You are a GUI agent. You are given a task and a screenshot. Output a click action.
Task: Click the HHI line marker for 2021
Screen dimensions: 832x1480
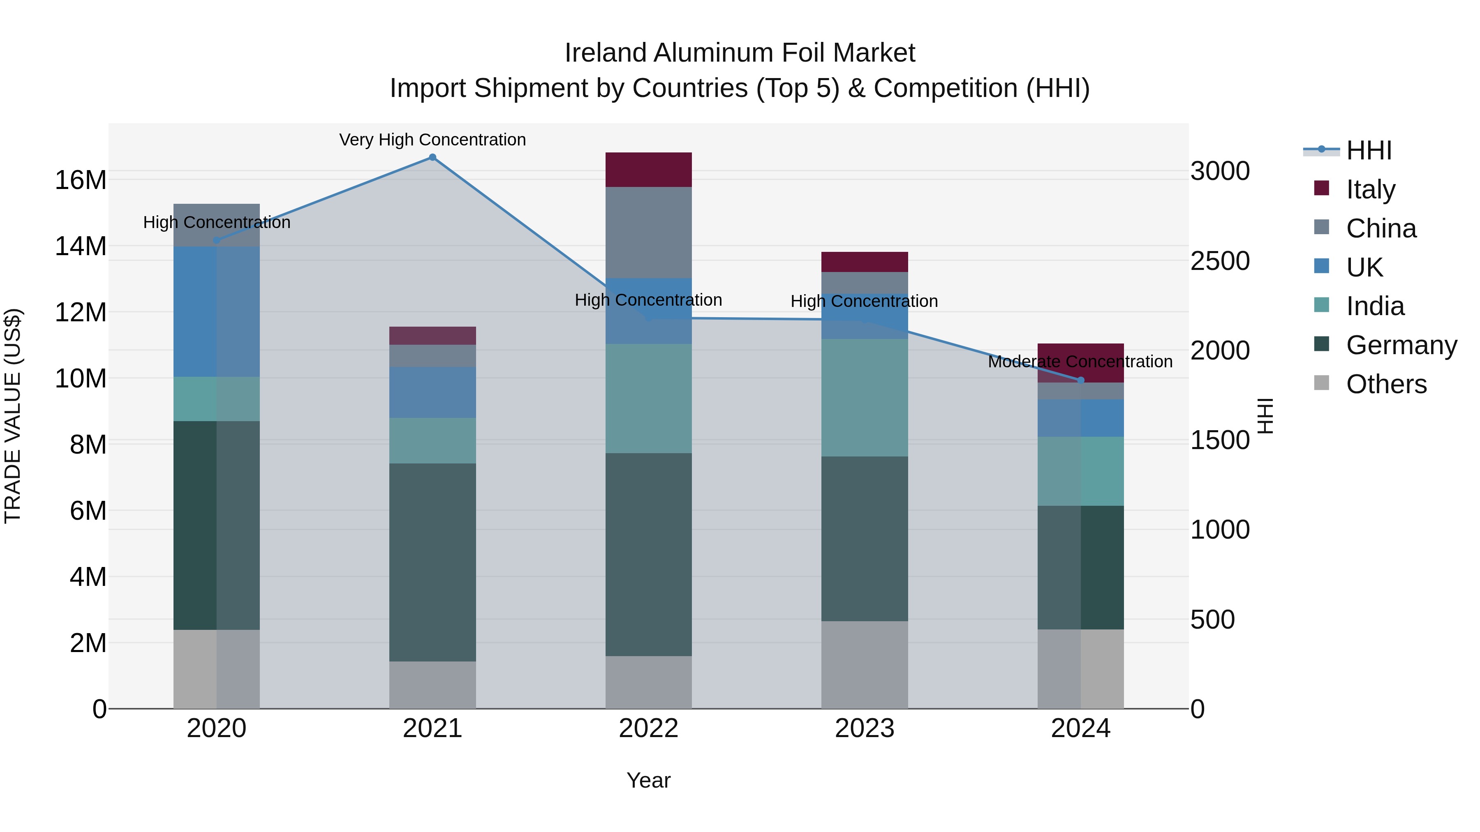(432, 157)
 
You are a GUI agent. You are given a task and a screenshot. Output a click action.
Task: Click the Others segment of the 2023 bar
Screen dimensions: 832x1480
(864, 664)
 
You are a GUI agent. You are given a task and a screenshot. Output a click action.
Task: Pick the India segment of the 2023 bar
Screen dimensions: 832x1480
(864, 397)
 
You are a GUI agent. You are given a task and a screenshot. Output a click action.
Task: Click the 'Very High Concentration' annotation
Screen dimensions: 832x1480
(432, 140)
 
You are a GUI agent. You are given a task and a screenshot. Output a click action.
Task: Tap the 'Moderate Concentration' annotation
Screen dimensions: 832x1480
(1080, 362)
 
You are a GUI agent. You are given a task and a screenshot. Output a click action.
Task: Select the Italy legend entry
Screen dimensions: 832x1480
(1370, 189)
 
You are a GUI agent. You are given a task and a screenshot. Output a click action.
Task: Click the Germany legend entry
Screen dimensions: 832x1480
(1401, 345)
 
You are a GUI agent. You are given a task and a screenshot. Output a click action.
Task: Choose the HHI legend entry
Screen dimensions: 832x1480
(1368, 150)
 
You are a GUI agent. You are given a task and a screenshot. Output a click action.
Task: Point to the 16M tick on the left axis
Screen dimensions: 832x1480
(81, 180)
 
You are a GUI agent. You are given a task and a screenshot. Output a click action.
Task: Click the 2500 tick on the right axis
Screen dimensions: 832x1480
(1219, 260)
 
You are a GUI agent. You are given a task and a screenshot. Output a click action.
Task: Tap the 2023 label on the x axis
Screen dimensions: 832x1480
(864, 728)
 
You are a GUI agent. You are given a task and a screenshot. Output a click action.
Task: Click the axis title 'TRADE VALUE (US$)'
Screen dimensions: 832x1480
(13, 416)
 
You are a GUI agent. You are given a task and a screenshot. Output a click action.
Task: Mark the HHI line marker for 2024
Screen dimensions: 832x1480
(1080, 380)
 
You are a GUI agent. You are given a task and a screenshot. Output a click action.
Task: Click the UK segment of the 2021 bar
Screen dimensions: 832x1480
(432, 392)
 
